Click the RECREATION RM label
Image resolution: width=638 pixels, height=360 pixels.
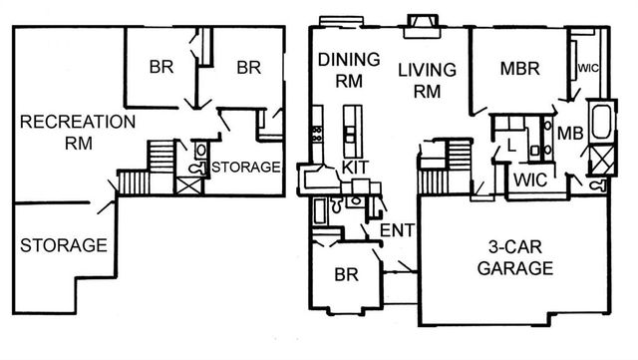[77, 133]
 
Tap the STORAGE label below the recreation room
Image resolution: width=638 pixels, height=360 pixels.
[62, 243]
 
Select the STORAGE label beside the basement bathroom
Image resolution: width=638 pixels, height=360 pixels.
[245, 167]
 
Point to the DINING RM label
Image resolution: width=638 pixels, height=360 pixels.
[349, 69]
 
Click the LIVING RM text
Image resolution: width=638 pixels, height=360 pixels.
[427, 79]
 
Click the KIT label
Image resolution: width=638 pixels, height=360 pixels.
[355, 167]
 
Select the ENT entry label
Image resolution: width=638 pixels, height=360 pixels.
[397, 231]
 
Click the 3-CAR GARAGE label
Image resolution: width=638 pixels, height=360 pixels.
[514, 258]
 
